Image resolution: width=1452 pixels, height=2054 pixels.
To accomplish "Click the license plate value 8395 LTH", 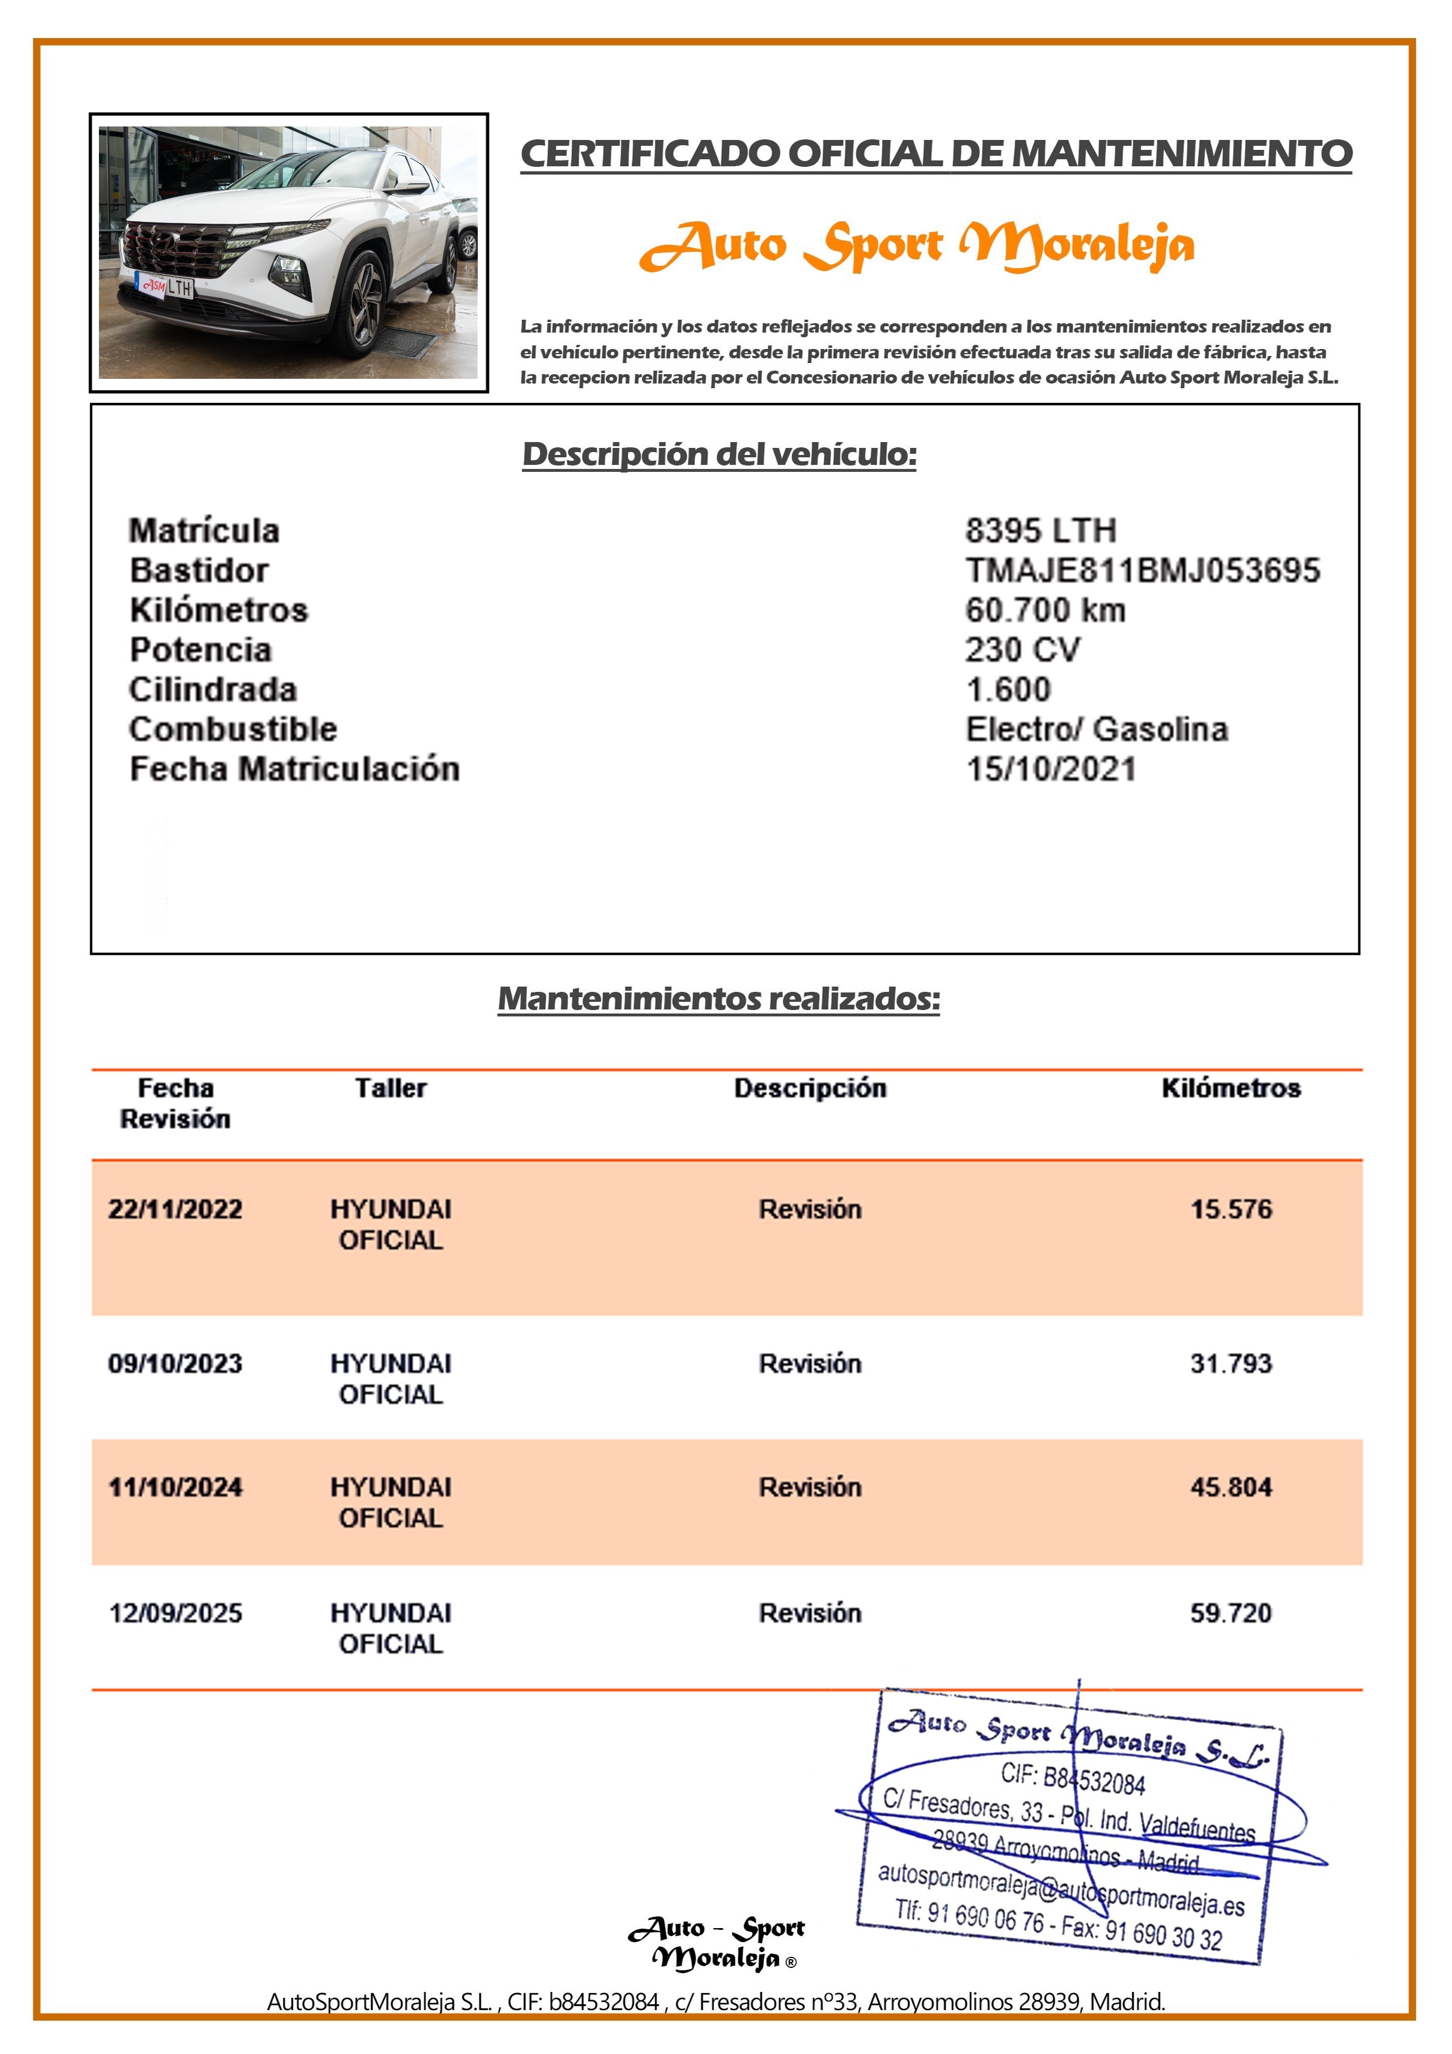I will point(1040,530).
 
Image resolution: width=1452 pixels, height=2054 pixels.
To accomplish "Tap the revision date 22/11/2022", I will point(175,1210).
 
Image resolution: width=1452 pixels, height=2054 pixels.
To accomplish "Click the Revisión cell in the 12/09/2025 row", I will point(810,1613).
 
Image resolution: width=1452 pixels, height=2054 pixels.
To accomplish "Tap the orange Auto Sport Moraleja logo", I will point(917,245).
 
